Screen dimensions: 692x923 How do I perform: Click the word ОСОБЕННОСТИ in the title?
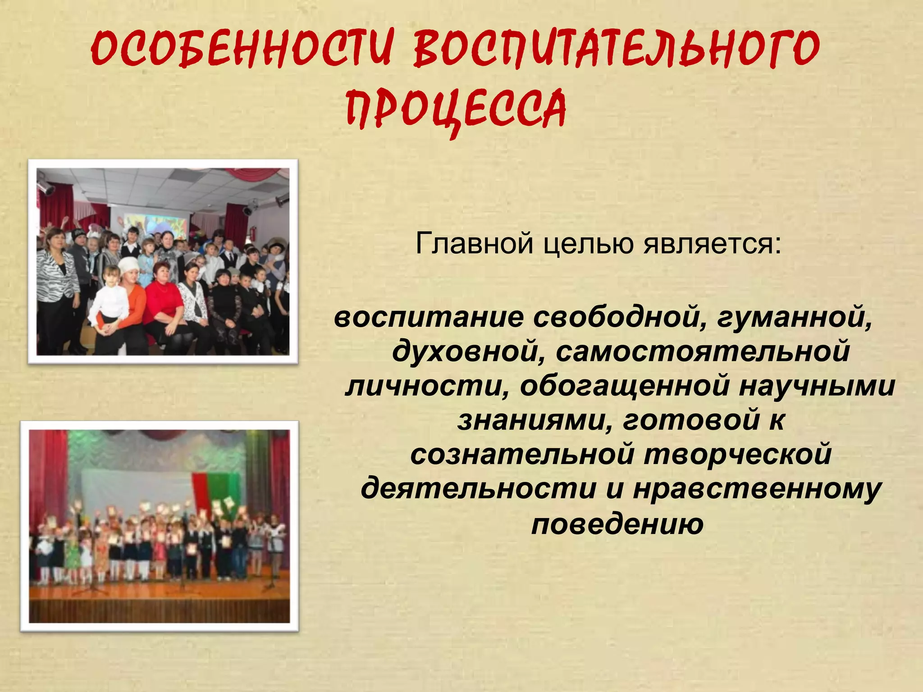241,49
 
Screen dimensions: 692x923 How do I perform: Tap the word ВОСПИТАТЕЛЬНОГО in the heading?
616,49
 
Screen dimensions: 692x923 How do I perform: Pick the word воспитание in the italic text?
429,318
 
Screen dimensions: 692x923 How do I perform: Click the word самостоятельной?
703,352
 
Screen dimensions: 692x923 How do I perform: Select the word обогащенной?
625,386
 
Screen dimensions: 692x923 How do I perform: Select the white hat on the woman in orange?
128,263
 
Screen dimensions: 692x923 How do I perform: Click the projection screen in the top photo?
155,223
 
